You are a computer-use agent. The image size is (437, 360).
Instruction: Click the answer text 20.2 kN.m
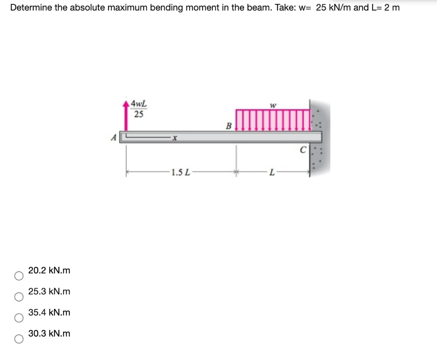[x=49, y=270]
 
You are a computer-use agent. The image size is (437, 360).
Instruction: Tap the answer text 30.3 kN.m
[x=49, y=334]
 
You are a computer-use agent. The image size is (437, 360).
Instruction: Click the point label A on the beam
[x=114, y=137]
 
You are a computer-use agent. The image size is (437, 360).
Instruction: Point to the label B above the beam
[x=228, y=126]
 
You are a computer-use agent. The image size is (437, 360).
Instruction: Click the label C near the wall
[x=303, y=150]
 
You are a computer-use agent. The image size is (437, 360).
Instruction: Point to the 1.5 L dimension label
[x=179, y=173]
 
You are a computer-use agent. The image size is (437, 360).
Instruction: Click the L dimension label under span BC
[x=271, y=173]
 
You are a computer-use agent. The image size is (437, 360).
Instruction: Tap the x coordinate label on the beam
[x=175, y=137]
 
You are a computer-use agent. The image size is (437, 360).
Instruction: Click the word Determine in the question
[x=28, y=8]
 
